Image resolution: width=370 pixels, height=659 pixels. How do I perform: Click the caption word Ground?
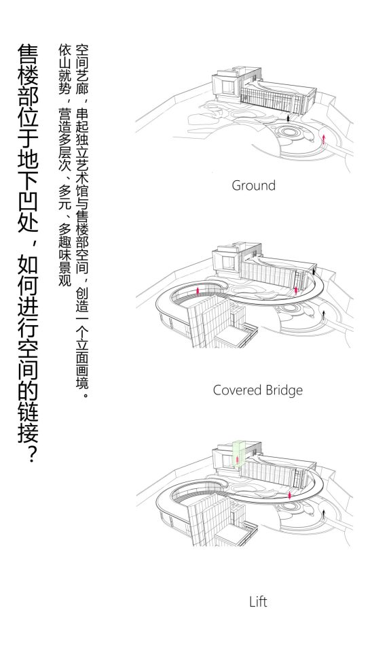click(253, 185)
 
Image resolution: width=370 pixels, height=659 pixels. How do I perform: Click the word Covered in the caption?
click(235, 390)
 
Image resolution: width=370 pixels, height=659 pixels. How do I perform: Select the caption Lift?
click(258, 602)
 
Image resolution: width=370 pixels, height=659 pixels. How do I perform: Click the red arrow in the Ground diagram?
click(324, 139)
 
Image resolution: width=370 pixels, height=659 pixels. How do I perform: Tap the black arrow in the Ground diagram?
click(289, 118)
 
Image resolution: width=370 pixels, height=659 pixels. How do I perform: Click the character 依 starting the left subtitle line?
click(65, 48)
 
